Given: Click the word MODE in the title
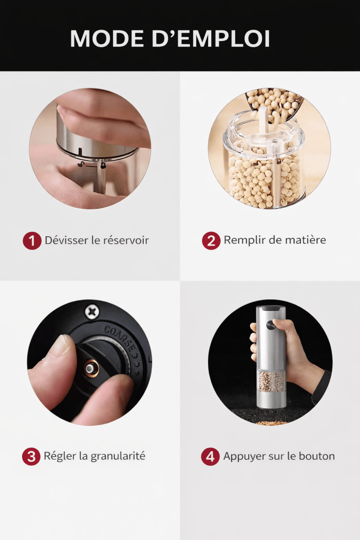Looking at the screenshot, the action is pyautogui.click(x=107, y=38).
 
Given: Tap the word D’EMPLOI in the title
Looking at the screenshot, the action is pyautogui.click(x=211, y=38).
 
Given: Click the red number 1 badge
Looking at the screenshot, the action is pyautogui.click(x=32, y=240).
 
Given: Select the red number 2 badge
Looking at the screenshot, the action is pyautogui.click(x=211, y=240).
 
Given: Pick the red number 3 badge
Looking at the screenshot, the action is pyautogui.click(x=31, y=456).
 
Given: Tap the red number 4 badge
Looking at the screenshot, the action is pyautogui.click(x=210, y=456).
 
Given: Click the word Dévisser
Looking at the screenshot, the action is pyautogui.click(x=67, y=240).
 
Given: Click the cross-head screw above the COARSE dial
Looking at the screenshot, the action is pyautogui.click(x=92, y=312).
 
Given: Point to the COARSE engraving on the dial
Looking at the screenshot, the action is pyautogui.click(x=120, y=337).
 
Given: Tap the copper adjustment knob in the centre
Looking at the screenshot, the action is pyautogui.click(x=91, y=369).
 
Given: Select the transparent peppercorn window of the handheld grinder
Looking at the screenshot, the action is pyautogui.click(x=271, y=381).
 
